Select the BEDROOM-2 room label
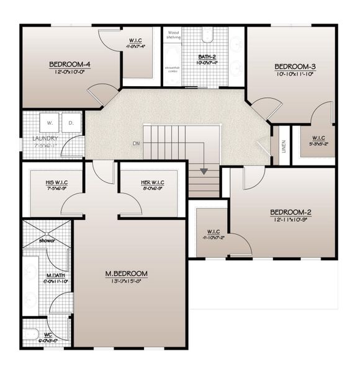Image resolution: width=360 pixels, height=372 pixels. click(290, 212)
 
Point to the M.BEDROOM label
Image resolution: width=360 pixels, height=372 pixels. click(126, 273)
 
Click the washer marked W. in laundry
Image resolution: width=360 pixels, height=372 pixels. click(48, 122)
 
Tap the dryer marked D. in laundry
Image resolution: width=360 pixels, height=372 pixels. click(71, 122)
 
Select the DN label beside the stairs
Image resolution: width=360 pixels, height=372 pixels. click(136, 144)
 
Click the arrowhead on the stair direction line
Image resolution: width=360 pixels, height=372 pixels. click(203, 170)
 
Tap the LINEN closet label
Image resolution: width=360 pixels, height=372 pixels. click(284, 147)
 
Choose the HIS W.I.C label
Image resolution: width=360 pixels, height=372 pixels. click(56, 182)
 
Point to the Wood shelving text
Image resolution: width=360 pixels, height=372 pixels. click(173, 35)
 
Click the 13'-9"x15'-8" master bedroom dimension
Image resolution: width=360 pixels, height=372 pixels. click(126, 281)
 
